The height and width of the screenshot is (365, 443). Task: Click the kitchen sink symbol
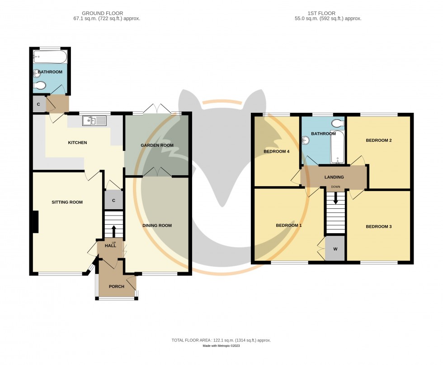94,120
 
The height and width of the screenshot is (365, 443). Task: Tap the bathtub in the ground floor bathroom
50,57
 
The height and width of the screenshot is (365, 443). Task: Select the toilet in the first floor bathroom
337,123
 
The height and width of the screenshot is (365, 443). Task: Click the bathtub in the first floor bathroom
337,148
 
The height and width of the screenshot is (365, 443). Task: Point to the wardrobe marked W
335,249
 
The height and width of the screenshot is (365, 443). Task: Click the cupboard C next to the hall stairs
113,200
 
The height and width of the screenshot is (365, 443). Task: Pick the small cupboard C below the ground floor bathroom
38,104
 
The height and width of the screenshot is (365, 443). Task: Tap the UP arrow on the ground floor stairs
113,231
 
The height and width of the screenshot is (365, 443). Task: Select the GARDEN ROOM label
157,145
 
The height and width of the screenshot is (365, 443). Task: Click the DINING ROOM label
157,225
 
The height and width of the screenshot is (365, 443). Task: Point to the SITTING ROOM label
67,202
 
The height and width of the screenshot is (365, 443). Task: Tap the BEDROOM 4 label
276,151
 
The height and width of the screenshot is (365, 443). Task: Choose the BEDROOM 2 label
378,140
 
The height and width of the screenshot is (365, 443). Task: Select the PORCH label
116,286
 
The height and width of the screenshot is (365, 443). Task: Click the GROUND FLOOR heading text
102,13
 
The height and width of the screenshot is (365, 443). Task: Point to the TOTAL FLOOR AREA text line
221,340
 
